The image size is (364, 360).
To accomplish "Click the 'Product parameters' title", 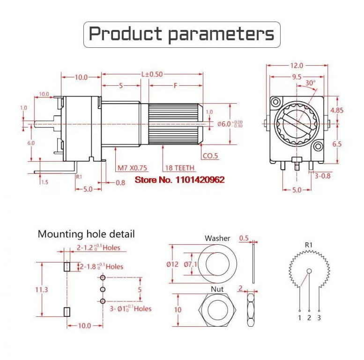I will click(181, 34).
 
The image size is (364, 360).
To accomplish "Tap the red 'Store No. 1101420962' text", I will click(180, 180).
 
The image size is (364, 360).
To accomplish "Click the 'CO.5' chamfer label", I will click(210, 156).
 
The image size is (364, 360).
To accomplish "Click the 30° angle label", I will click(310, 82).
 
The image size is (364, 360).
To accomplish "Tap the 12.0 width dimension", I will click(297, 66).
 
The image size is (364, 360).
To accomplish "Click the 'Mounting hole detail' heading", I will click(86, 234).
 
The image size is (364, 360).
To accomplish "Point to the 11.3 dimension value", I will click(42, 290).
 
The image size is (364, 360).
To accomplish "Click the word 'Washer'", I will click(217, 238).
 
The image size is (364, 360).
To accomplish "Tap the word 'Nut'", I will click(217, 289).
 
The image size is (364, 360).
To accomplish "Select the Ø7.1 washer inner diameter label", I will click(191, 264).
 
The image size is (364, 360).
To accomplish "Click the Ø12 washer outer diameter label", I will click(172, 264).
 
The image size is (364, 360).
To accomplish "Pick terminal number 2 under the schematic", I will click(309, 318).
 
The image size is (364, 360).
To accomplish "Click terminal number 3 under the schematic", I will click(319, 318).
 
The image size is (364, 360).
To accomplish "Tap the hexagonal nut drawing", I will click(217, 310).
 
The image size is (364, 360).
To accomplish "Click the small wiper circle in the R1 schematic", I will click(309, 271).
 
